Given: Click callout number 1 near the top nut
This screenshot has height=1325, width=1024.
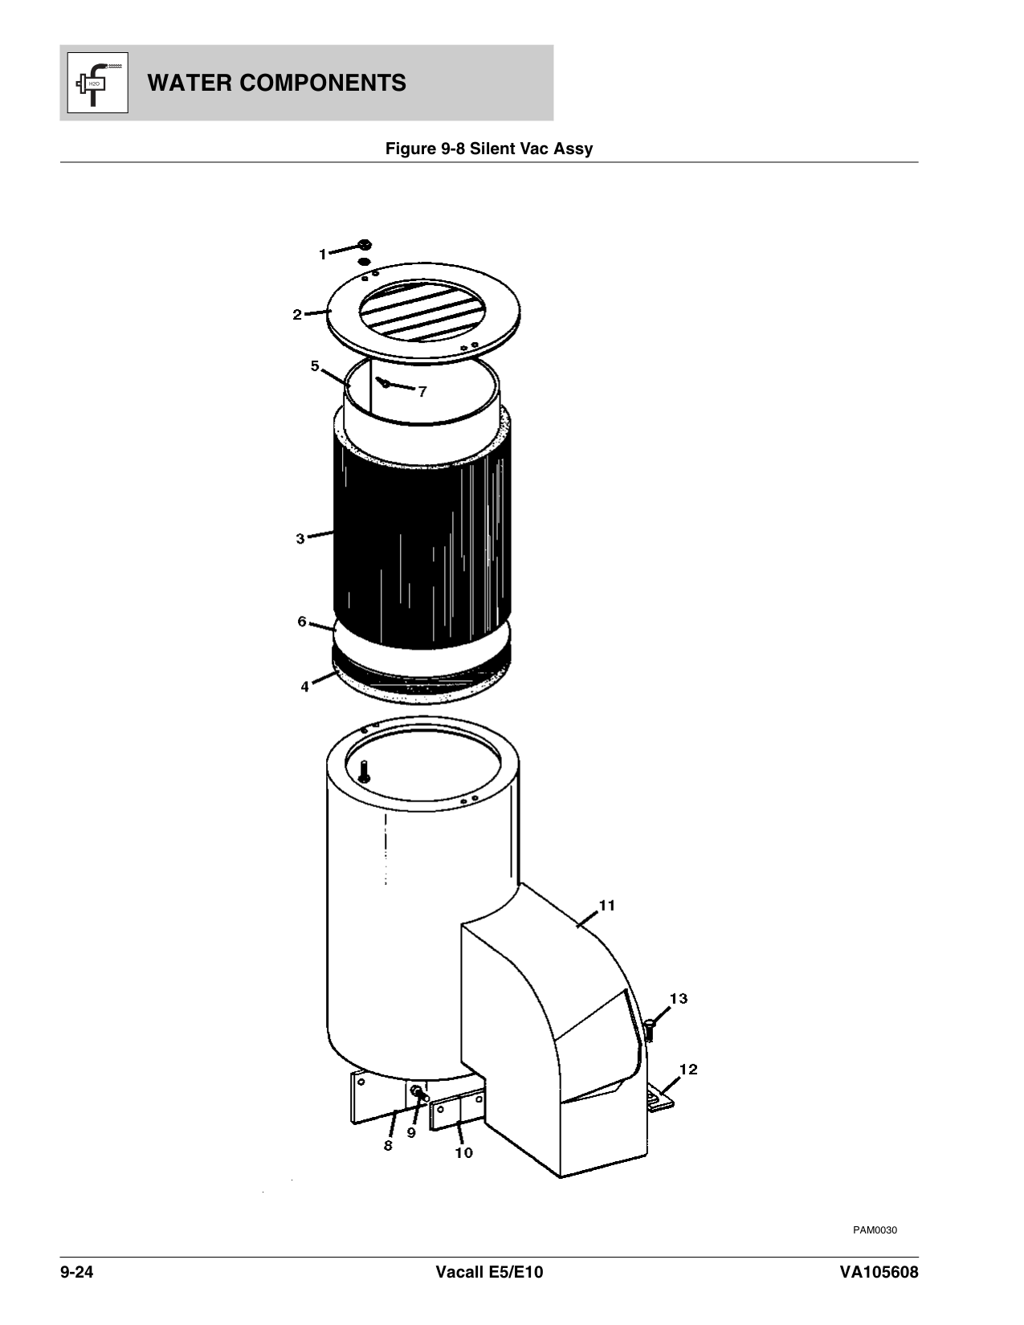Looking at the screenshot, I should [x=323, y=255].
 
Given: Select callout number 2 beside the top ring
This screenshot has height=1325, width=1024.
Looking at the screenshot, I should [x=297, y=315].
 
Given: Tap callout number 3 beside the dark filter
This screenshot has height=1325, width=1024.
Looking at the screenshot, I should [x=300, y=539].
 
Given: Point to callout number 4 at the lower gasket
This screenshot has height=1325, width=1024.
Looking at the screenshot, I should [x=305, y=687].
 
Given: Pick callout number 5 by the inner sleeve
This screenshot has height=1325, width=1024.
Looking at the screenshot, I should [x=316, y=366].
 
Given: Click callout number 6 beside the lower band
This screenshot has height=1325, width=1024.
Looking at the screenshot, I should [x=302, y=622].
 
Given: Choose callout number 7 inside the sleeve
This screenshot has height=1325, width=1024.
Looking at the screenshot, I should [x=422, y=392].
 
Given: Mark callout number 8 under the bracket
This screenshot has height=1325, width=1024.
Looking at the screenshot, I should [x=388, y=1146].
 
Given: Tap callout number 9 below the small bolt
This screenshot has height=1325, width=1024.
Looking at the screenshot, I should [x=411, y=1133].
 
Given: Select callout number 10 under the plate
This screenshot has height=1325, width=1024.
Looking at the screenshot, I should [x=463, y=1152].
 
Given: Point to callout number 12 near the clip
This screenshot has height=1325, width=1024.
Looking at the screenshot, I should [x=688, y=1069].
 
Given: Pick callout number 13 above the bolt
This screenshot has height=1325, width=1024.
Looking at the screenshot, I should [x=679, y=998].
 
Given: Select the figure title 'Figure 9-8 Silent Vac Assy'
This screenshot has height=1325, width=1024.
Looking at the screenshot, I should [x=489, y=149].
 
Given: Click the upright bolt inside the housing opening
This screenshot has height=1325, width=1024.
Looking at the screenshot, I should [x=365, y=772].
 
